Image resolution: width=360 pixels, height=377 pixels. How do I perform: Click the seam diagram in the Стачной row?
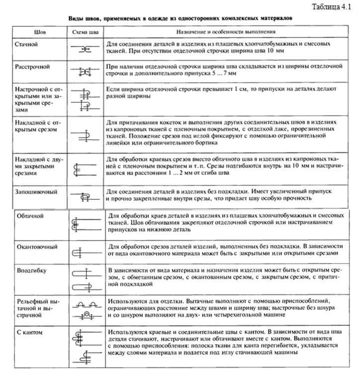click(85, 49)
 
